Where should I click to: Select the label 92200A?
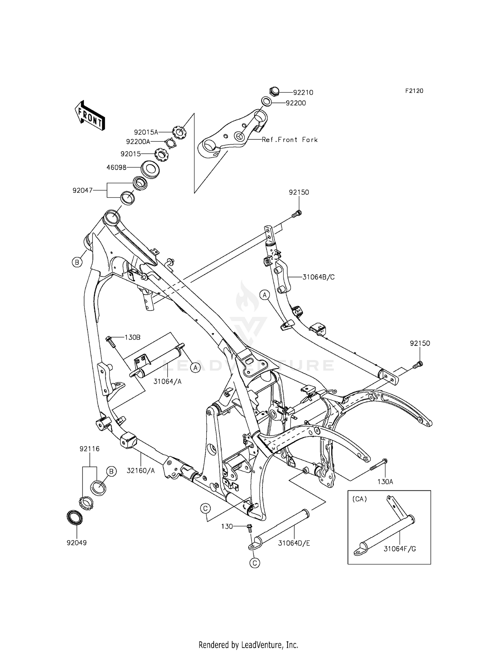pos(138,142)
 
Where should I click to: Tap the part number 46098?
pos(116,168)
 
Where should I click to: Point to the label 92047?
pos(83,190)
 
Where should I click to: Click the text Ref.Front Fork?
pos(290,140)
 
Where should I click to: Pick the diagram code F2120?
pos(414,91)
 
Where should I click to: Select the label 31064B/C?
pos(318,277)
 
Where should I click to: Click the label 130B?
pos(132,337)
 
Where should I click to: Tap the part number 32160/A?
pos(141,470)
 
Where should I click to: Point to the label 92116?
pos(89,449)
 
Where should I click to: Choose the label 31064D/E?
pos(294,543)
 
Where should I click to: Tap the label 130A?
pos(385,481)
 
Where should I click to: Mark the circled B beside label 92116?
pos(111,471)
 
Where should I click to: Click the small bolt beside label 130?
pos(249,526)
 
